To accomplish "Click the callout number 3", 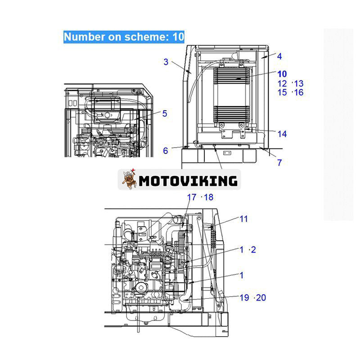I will [x=166, y=62].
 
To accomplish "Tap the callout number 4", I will [x=279, y=57].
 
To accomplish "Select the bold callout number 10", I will [x=282, y=74].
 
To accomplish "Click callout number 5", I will [x=165, y=113].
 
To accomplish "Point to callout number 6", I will [x=166, y=151].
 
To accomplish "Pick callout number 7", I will [x=279, y=162].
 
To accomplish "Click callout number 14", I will [x=282, y=134].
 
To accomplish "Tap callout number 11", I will [x=243, y=219].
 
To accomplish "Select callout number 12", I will [x=282, y=83].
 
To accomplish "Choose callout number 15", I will [x=282, y=92].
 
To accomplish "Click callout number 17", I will [x=192, y=197].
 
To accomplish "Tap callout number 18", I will [x=209, y=197].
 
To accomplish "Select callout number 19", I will [x=244, y=297].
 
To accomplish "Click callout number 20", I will [x=261, y=297].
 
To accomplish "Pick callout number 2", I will [x=253, y=250].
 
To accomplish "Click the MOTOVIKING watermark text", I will [x=188, y=181].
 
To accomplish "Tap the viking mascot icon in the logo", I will [x=129, y=180].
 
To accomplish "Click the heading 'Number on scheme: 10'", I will [x=124, y=37].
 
